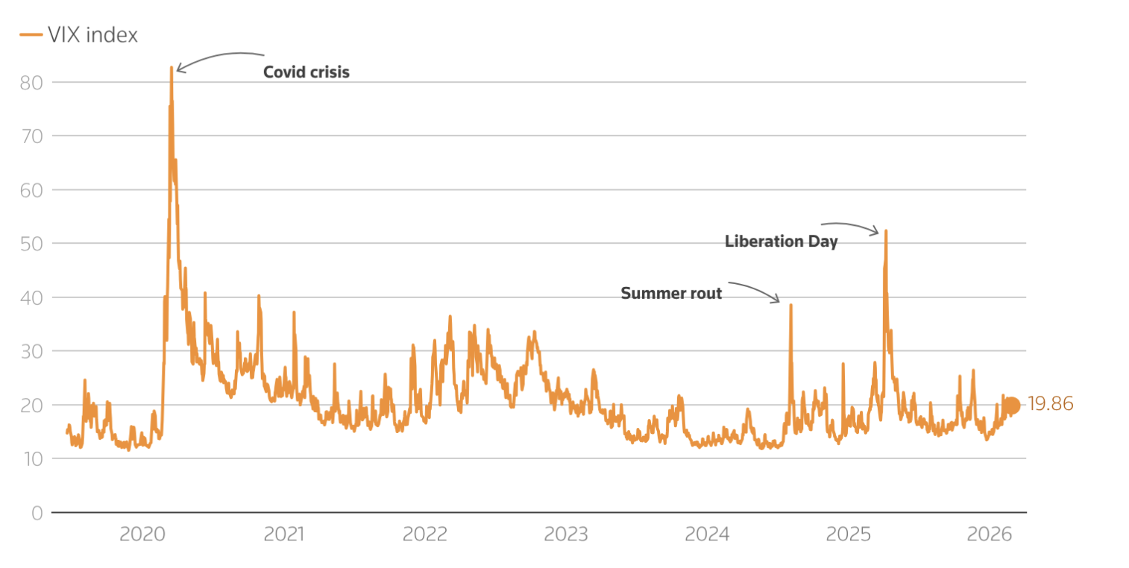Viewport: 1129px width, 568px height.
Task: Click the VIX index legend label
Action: click(x=92, y=34)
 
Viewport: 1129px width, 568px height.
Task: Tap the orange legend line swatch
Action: click(x=31, y=34)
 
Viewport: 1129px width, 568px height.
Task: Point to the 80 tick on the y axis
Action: click(x=31, y=82)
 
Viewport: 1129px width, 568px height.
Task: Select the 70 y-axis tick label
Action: click(x=31, y=136)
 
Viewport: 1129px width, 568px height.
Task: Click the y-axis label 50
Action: click(x=31, y=244)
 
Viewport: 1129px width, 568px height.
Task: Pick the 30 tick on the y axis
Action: click(x=31, y=351)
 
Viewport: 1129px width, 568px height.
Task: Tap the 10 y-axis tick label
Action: click(x=31, y=458)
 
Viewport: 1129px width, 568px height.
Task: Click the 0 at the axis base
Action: click(x=37, y=512)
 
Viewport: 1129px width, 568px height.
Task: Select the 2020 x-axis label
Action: click(x=142, y=534)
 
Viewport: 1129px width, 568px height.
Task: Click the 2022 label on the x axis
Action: click(x=424, y=534)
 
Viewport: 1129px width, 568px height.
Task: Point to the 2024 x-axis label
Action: click(x=707, y=534)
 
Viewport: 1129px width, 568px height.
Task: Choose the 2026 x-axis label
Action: click(x=989, y=534)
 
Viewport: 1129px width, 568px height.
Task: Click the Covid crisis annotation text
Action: click(x=306, y=72)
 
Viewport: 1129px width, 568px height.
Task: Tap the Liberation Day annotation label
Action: click(x=781, y=242)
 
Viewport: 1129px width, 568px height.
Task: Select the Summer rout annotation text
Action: click(x=671, y=294)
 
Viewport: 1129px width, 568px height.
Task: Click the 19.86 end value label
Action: click(x=1050, y=405)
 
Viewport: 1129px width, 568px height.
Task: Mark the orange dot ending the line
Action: click(x=1011, y=406)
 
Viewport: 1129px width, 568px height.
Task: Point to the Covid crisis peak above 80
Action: click(x=171, y=68)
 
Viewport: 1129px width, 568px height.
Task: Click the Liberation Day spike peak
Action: click(x=886, y=231)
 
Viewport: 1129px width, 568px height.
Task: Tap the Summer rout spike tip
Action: click(x=790, y=305)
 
